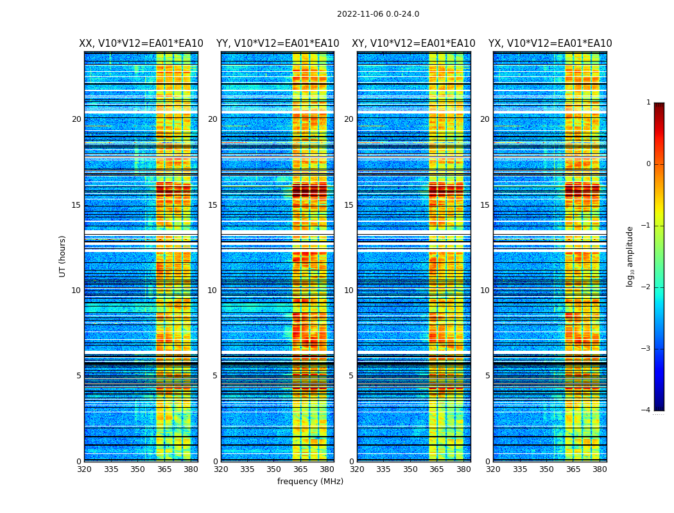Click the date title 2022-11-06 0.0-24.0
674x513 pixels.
pyautogui.click(x=378, y=14)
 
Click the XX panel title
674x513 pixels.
pyautogui.click(x=141, y=44)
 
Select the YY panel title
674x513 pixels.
pyautogui.click(x=277, y=44)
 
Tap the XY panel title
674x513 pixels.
pyautogui.click(x=413, y=44)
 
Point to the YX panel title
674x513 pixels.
pyautogui.click(x=550, y=44)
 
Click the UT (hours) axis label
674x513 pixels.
pyautogui.click(x=63, y=256)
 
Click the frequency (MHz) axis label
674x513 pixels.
pyautogui.click(x=310, y=482)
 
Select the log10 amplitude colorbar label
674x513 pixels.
pyautogui.click(x=630, y=256)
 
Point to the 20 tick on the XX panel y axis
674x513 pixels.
pyautogui.click(x=76, y=119)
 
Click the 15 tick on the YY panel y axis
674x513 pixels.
pyautogui.click(x=212, y=205)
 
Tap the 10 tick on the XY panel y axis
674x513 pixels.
pyautogui.click(x=349, y=290)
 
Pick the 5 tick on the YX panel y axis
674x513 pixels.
pyautogui.click(x=487, y=376)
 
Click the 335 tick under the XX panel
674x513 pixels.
pyautogui.click(x=111, y=469)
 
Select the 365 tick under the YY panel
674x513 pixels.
pyautogui.click(x=300, y=469)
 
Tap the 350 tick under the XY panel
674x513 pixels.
pyautogui.click(x=410, y=469)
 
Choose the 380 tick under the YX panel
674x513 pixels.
pyautogui.click(x=600, y=469)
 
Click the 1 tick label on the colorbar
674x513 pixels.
pyautogui.click(x=648, y=103)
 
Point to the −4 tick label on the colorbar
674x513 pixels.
pyautogui.click(x=646, y=410)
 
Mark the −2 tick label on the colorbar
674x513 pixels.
pyautogui.click(x=646, y=287)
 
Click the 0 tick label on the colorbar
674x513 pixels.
pyautogui.click(x=648, y=164)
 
